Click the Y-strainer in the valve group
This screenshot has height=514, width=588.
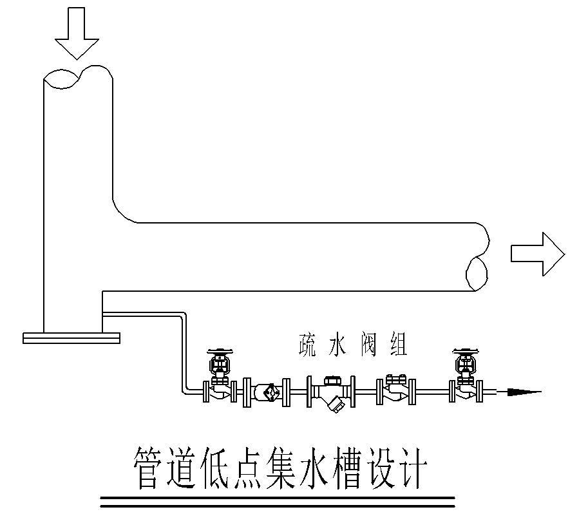point(330,390)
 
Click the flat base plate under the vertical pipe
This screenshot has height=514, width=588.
point(71,337)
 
